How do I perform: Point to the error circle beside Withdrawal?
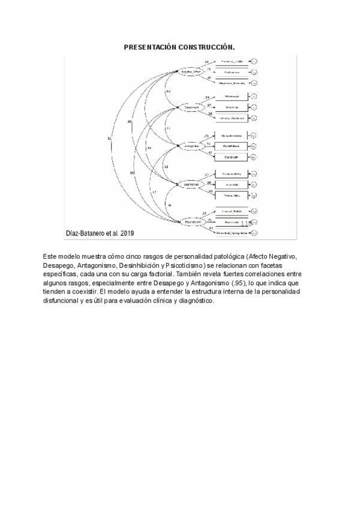point(254,97)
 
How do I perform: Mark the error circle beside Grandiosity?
point(254,157)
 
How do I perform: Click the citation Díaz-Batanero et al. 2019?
point(100,233)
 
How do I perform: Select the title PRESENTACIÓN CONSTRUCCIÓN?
point(179,46)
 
